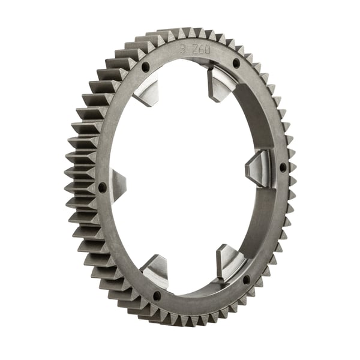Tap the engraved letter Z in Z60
point(196,50)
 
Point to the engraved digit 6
point(202,51)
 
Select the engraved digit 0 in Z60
point(208,52)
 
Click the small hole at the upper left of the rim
point(145,68)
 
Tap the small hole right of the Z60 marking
point(236,63)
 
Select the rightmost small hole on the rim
point(283,167)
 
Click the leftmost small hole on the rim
point(102,187)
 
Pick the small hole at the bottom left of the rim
point(157,295)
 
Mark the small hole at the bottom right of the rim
point(247,280)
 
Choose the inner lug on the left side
point(117,181)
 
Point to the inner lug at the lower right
point(230,260)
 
